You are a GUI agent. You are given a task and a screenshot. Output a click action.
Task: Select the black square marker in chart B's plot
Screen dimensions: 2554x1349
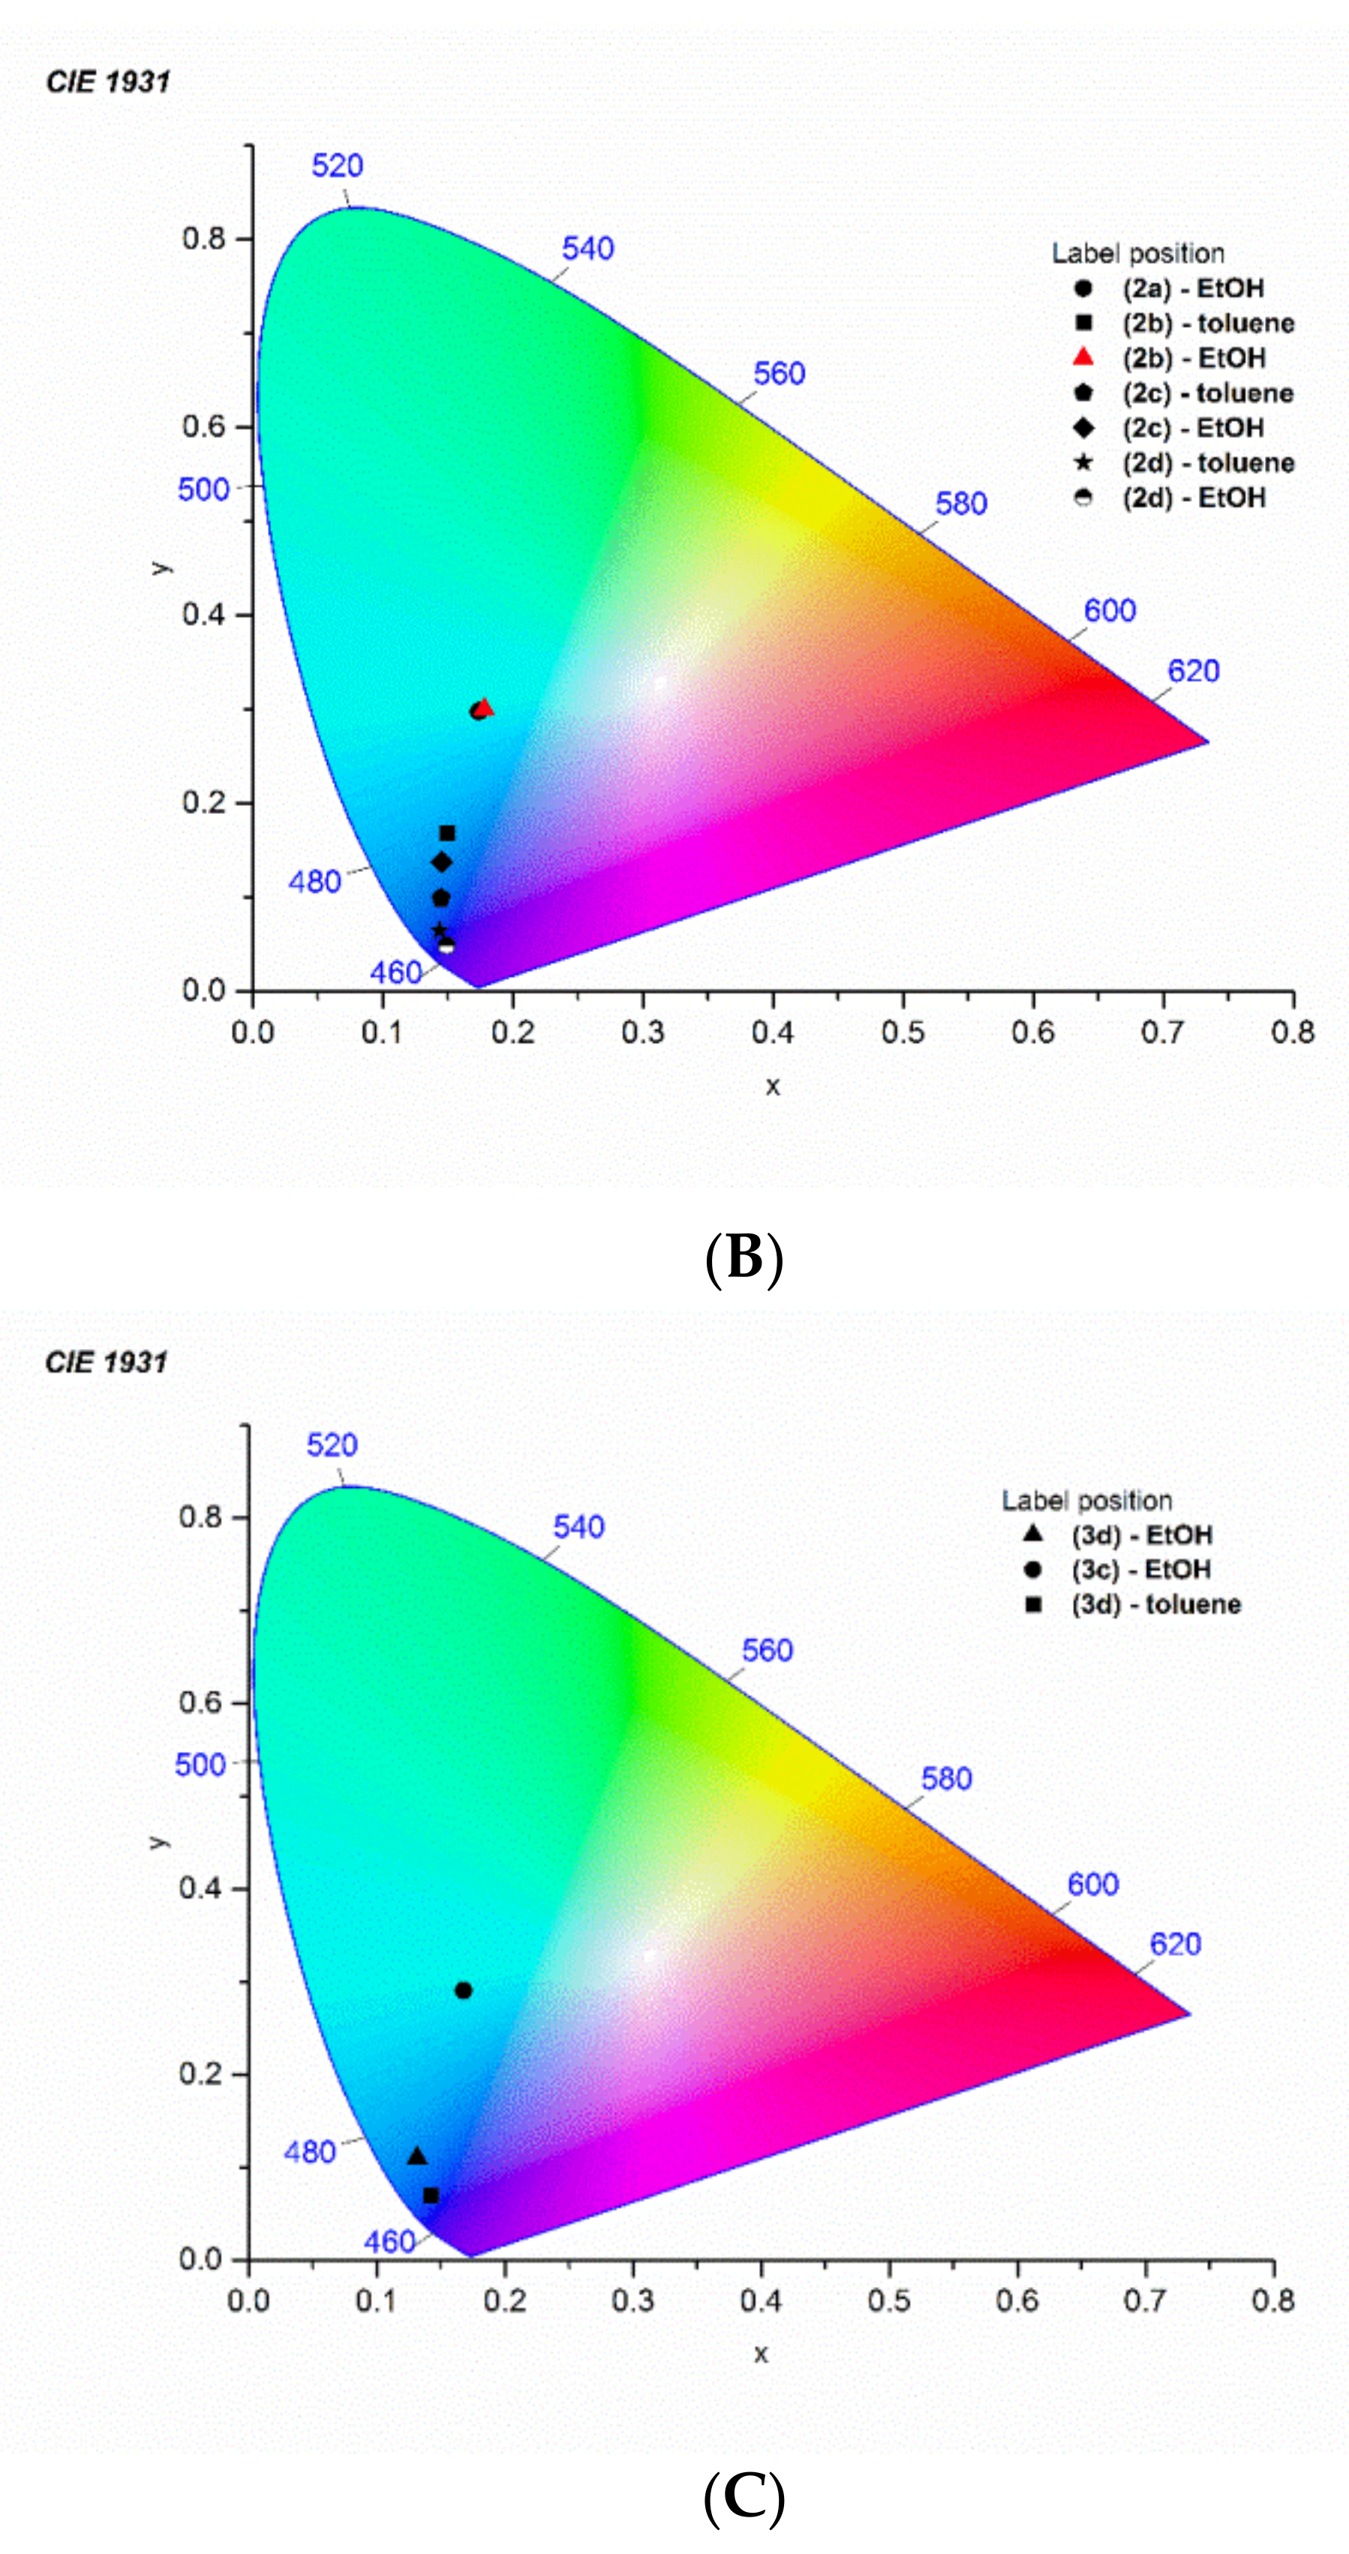pos(447,833)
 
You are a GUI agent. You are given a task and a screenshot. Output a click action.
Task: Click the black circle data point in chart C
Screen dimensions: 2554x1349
pos(463,1990)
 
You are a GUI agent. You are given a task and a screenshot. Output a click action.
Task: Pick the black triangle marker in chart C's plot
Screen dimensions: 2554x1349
pos(417,2156)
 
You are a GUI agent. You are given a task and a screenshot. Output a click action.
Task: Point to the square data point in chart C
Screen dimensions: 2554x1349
pos(430,2196)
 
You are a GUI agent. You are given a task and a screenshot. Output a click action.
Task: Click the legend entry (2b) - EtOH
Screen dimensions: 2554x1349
pos(1194,358)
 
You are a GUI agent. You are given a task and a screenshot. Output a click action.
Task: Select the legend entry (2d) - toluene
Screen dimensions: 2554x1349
pos(1207,463)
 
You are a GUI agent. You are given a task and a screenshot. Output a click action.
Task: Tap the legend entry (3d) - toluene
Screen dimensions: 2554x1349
pos(1155,1604)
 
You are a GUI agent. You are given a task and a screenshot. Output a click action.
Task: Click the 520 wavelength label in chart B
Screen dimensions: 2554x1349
pos(337,166)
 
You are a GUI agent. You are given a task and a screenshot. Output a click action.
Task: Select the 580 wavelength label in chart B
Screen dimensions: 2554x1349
pos(960,503)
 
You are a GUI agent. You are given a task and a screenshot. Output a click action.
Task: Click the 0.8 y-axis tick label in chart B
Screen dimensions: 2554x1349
pos(203,239)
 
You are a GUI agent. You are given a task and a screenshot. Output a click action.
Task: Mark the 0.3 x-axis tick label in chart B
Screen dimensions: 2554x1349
pos(642,1033)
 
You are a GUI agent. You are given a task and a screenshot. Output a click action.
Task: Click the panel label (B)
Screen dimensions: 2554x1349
pos(744,1258)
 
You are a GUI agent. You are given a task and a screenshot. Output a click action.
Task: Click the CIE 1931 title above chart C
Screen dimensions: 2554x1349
pos(106,1363)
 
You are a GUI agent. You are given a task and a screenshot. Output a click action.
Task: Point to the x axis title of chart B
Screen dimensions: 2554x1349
pos(773,1086)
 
